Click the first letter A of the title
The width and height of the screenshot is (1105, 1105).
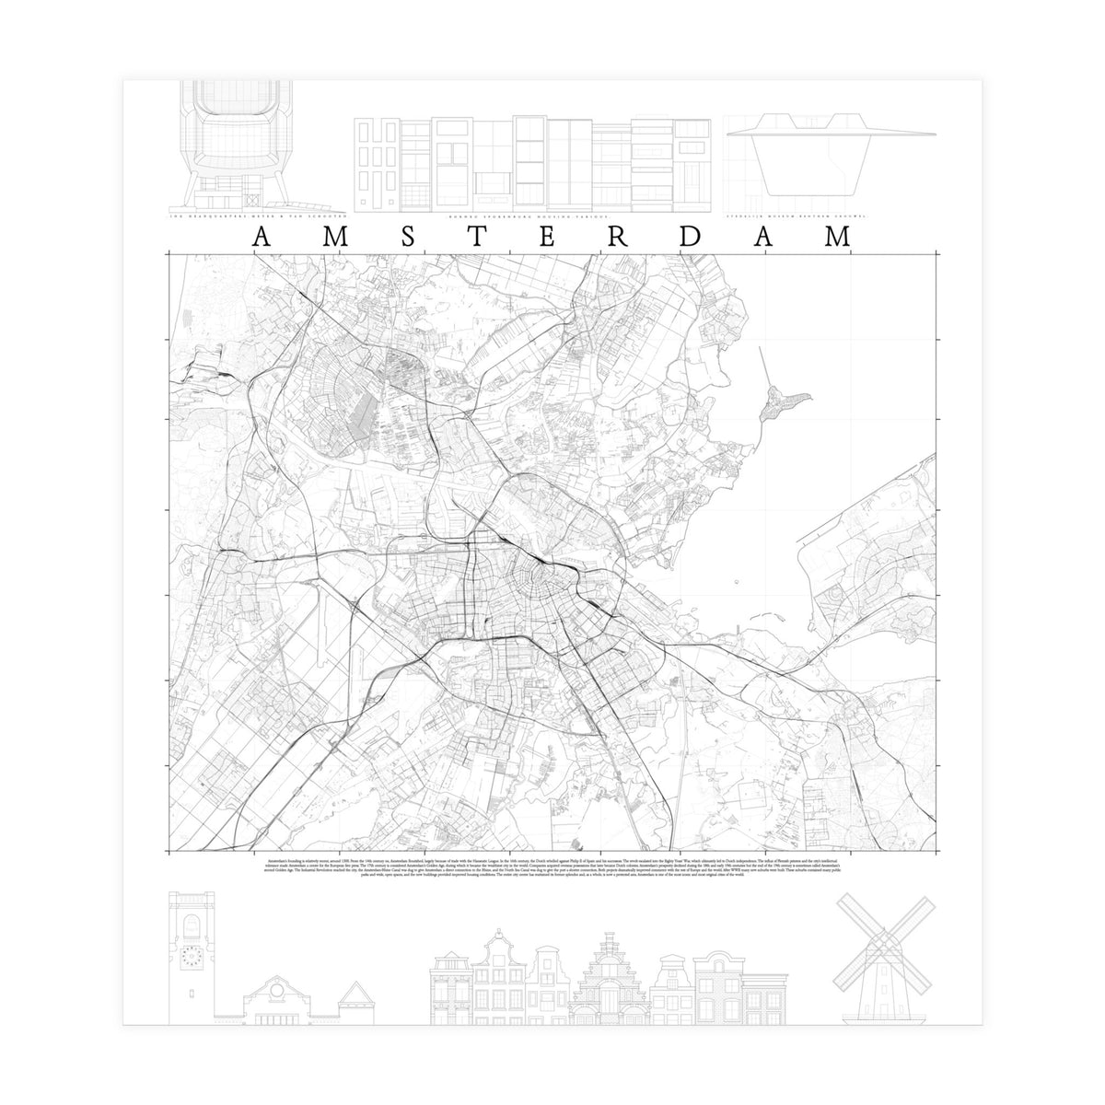tap(261, 236)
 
